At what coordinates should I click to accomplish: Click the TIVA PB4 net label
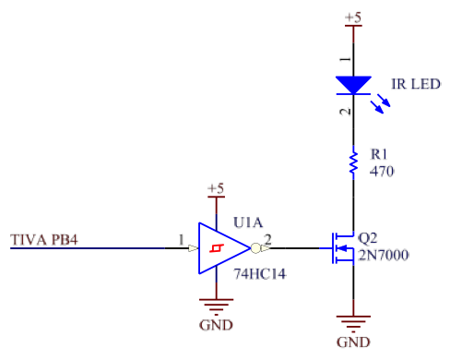(x=44, y=240)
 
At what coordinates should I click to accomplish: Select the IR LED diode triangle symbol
(x=353, y=85)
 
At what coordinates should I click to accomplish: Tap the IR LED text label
(x=416, y=84)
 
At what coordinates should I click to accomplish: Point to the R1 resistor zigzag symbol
(x=353, y=162)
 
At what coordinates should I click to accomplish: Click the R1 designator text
(x=379, y=154)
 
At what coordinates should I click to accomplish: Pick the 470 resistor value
(x=382, y=172)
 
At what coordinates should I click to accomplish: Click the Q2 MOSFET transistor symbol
(x=343, y=248)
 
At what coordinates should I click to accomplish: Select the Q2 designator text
(x=368, y=238)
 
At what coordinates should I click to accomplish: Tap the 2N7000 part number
(x=384, y=256)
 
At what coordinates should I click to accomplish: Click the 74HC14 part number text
(x=260, y=274)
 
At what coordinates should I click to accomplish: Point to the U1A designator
(x=248, y=222)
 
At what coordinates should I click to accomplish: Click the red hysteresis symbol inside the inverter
(x=217, y=248)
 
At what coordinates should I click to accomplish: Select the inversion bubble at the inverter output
(x=255, y=248)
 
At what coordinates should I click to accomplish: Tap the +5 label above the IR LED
(x=353, y=18)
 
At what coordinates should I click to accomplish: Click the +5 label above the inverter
(x=216, y=188)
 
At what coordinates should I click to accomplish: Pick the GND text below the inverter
(x=216, y=325)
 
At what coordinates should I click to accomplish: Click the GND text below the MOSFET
(x=353, y=342)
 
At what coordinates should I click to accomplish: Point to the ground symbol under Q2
(x=353, y=324)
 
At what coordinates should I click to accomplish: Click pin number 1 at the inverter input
(x=182, y=239)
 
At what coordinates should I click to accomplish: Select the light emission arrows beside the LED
(x=381, y=104)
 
